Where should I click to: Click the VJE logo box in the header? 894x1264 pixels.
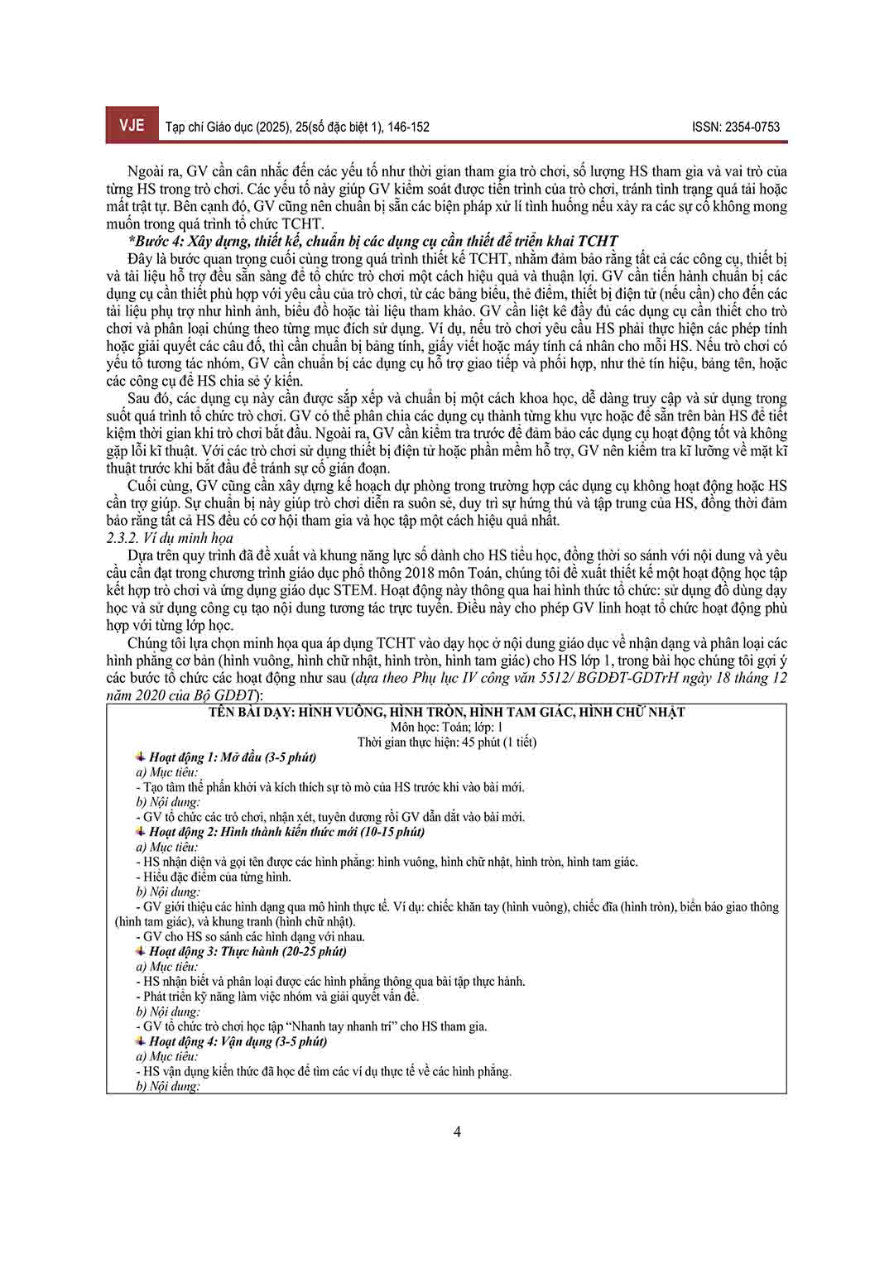(x=131, y=126)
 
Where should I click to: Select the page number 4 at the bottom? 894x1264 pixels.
(x=457, y=1132)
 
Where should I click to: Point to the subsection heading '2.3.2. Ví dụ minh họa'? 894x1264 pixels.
(x=170, y=538)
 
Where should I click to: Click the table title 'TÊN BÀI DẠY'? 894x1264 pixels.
(x=447, y=712)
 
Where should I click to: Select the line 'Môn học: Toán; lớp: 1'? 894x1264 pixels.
(x=447, y=727)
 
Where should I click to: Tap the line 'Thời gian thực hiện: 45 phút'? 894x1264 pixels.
(x=447, y=742)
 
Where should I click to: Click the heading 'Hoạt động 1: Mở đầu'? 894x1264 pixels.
(x=233, y=757)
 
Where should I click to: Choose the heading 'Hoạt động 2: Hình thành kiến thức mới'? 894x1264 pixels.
(x=286, y=831)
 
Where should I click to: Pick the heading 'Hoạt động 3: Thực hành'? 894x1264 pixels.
(x=248, y=951)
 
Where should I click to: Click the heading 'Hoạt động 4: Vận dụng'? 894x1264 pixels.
(x=238, y=1041)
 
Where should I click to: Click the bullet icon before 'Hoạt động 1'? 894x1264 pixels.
(x=141, y=757)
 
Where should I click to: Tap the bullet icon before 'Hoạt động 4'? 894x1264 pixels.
(x=141, y=1041)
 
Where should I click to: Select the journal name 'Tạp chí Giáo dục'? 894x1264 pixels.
(x=209, y=127)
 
